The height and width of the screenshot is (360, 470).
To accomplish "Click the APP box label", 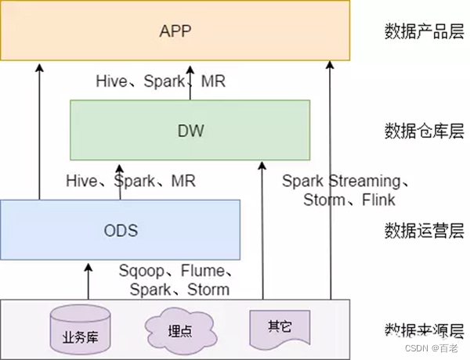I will click(175, 32).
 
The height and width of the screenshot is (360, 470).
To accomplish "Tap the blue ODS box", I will click(120, 230).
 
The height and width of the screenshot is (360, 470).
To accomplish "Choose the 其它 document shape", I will click(279, 327).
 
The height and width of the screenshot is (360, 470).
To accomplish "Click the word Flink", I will click(378, 200).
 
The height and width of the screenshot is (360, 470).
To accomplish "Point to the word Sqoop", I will click(145, 272).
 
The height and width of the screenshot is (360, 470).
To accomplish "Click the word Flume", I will click(204, 272).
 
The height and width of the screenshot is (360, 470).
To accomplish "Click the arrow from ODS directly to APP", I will click(39, 133).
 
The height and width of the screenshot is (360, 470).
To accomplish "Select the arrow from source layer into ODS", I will click(89, 282).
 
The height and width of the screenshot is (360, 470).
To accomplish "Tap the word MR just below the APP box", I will click(213, 81).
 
